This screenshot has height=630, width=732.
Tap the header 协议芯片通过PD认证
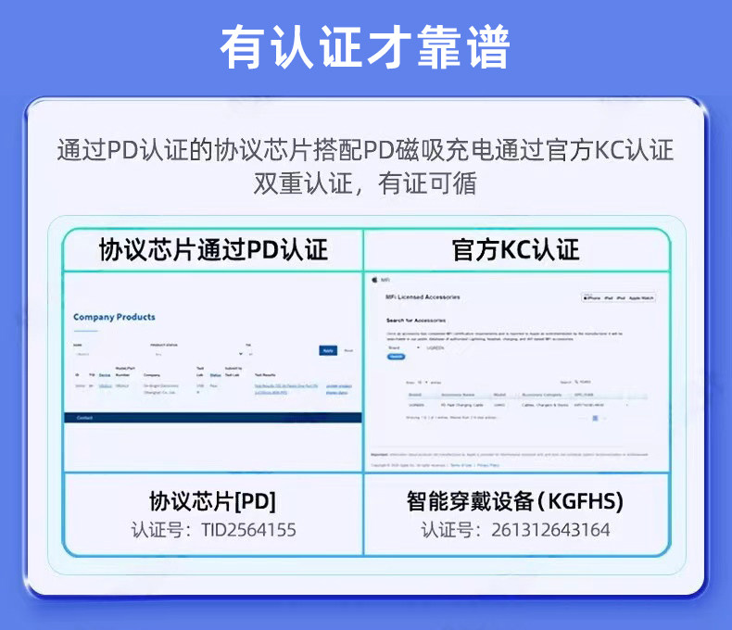(213, 249)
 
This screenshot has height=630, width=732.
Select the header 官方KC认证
(515, 249)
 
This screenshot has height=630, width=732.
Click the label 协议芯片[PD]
(212, 501)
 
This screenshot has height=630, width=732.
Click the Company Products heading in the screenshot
(114, 317)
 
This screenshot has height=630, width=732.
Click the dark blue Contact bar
(212, 418)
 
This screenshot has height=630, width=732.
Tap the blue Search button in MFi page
(397, 356)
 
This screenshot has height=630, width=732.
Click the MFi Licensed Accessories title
(423, 296)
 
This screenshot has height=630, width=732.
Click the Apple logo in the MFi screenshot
(374, 278)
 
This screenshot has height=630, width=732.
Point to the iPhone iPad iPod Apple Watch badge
(618, 297)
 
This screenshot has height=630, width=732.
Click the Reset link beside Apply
(348, 350)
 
